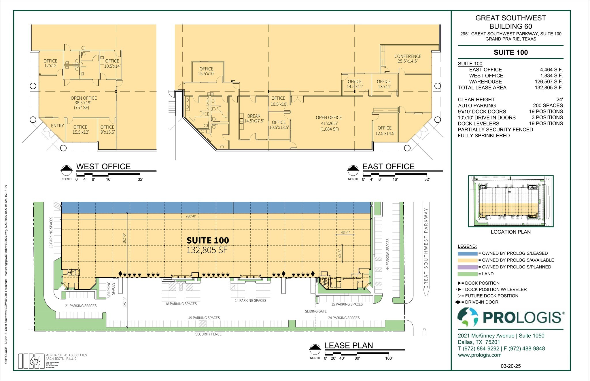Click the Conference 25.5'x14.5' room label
[x=407, y=59]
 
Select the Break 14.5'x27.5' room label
[x=254, y=119]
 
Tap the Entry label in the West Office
[x=57, y=126]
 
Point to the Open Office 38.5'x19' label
[x=84, y=103]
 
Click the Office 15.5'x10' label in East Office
[x=206, y=71]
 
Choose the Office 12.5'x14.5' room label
[x=385, y=130]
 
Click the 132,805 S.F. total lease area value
[x=549, y=88]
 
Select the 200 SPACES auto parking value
[x=548, y=105]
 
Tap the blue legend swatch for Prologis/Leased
[x=467, y=253]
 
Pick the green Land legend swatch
[x=467, y=274]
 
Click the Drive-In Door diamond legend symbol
[x=458, y=302]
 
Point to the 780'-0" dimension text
[x=190, y=216]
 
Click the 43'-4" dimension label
[x=345, y=232]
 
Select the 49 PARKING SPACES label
[x=204, y=318]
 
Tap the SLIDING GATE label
[x=316, y=311]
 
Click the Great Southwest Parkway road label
[x=426, y=248]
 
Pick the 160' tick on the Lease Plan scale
[x=389, y=358]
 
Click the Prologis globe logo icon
[x=468, y=317]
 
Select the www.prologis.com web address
[x=479, y=355]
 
